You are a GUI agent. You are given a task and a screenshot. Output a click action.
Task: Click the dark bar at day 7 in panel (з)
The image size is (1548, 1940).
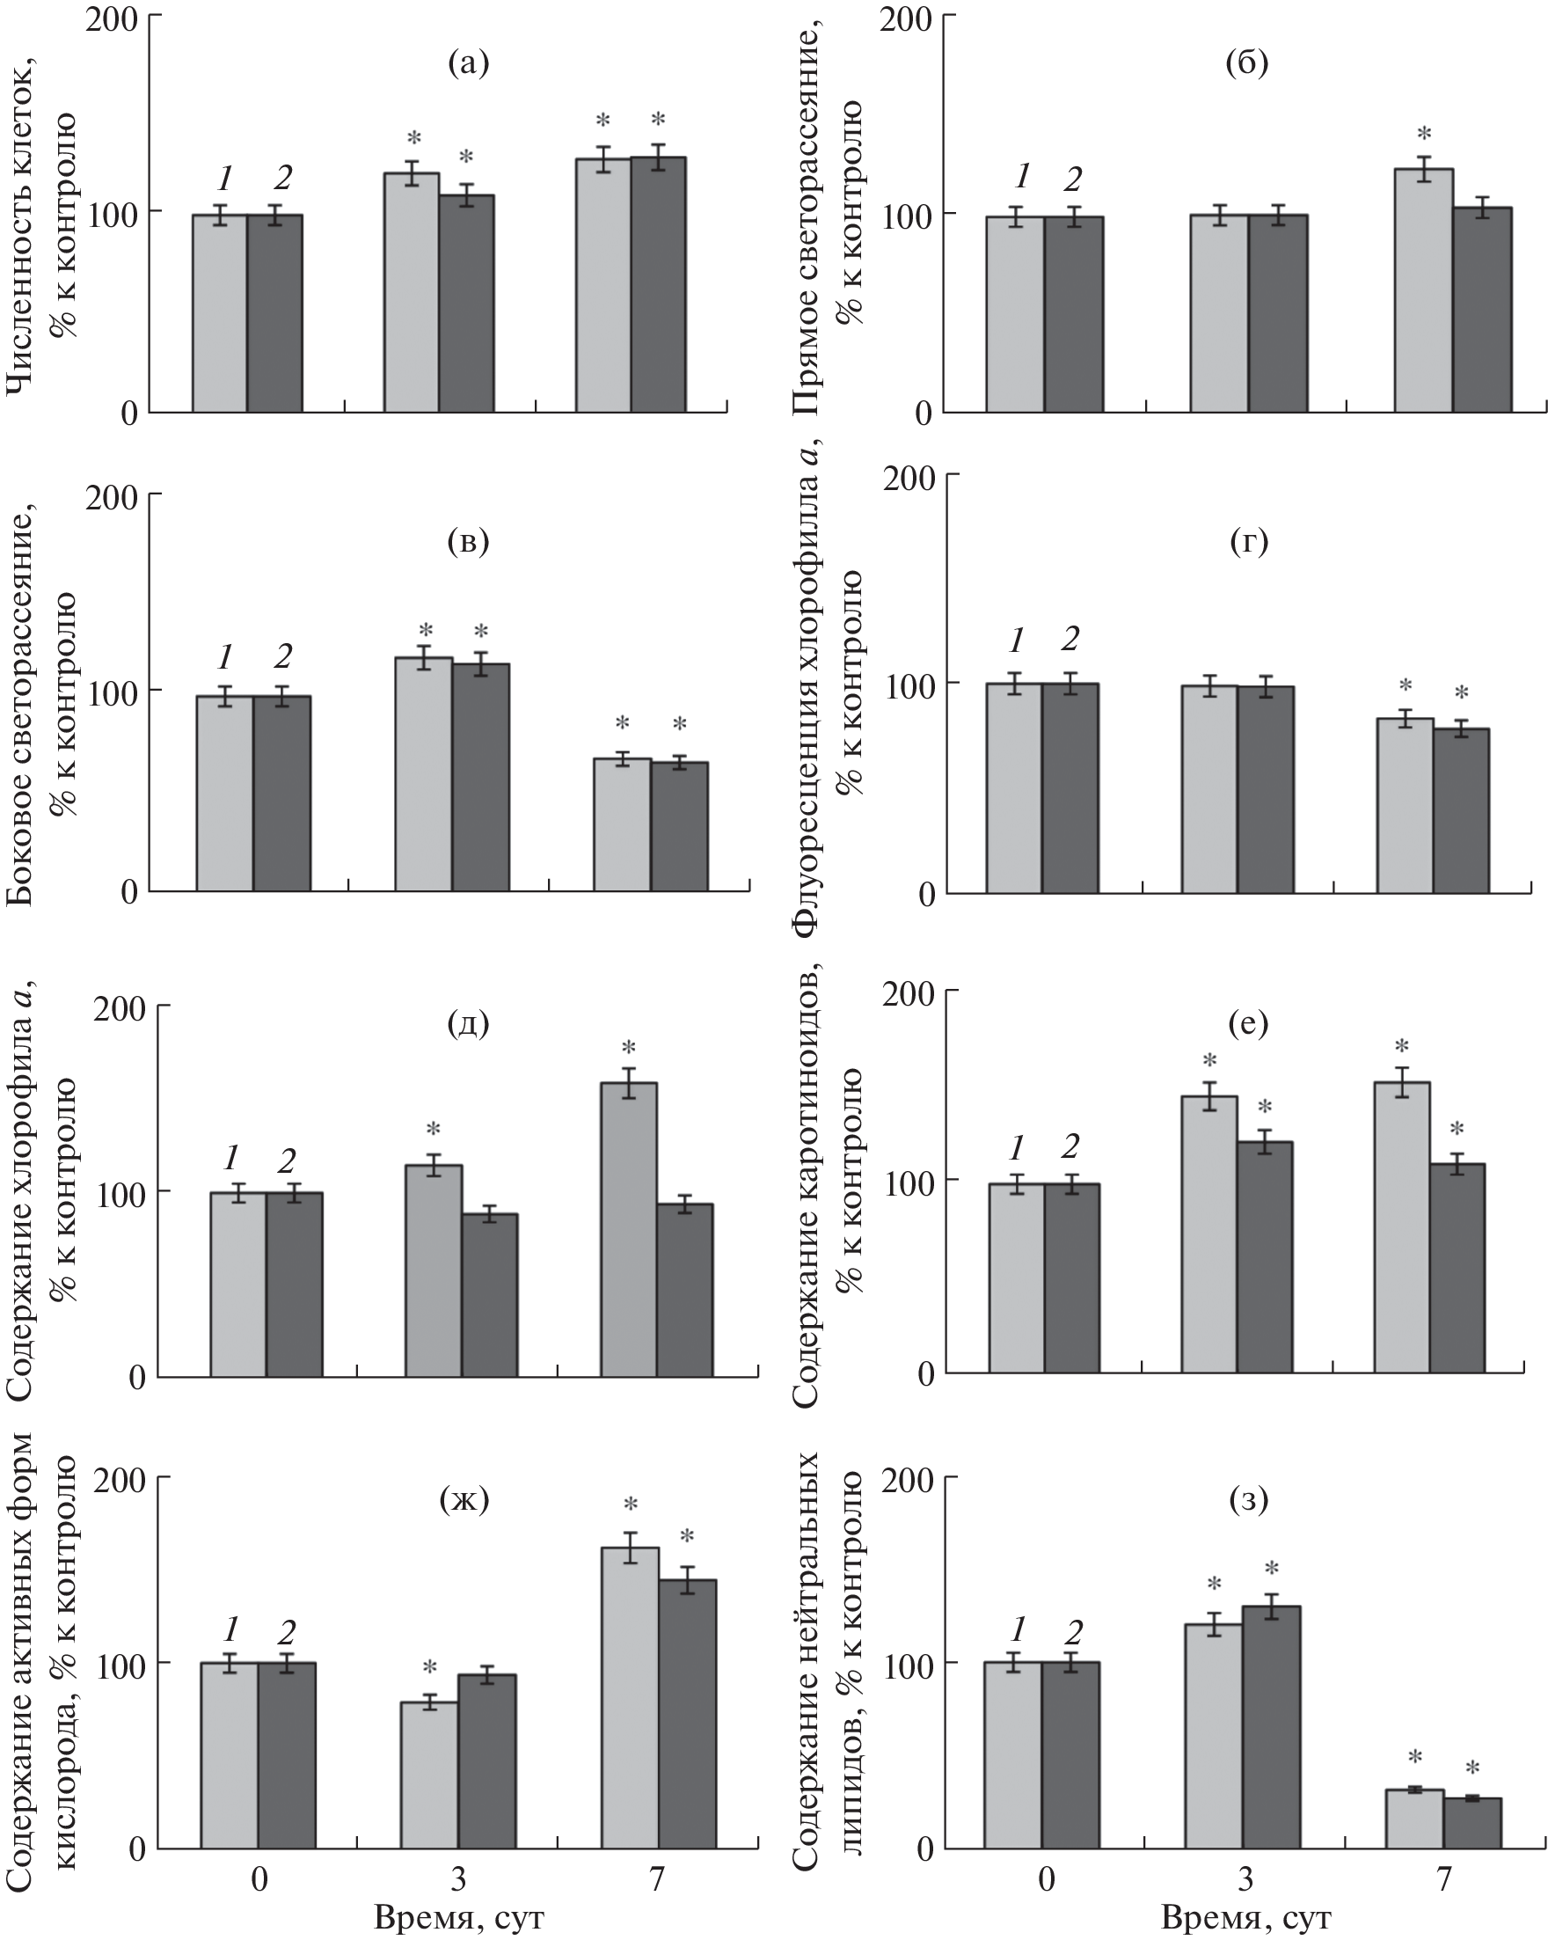tap(1471, 1821)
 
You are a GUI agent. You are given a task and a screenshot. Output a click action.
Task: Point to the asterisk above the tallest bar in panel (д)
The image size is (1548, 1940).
tap(628, 1048)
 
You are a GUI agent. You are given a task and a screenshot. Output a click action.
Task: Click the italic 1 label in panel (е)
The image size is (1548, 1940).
tap(1017, 1148)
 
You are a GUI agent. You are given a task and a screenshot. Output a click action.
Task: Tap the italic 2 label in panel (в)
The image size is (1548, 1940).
tap(282, 656)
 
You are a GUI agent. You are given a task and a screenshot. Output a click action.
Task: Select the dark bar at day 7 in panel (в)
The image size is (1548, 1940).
tap(679, 825)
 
